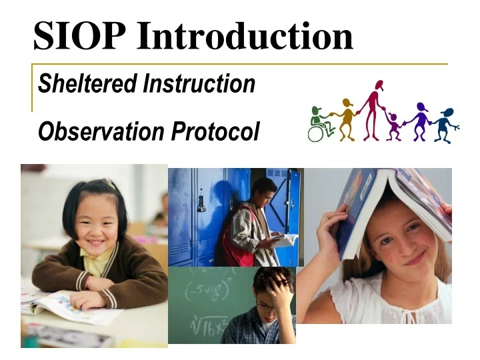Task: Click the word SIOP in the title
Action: point(79,35)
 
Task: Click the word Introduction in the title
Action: point(245,35)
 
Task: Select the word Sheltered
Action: point(87,83)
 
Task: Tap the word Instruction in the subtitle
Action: point(199,83)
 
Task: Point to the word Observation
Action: point(101,131)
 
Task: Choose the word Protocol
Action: point(216,131)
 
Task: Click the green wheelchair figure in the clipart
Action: point(321,124)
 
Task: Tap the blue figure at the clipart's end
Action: point(446,125)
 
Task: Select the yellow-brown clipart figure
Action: point(346,119)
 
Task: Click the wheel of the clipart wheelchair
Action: point(315,133)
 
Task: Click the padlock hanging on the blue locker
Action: point(201,203)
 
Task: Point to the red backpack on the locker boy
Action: point(237,239)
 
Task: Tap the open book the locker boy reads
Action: point(283,239)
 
